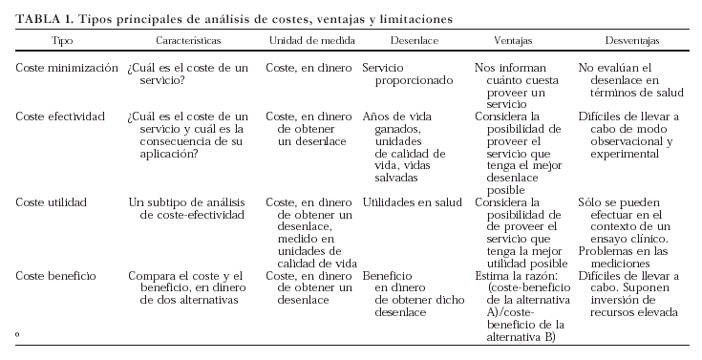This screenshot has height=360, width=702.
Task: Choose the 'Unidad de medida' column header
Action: tap(311, 43)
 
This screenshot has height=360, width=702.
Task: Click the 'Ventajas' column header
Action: tap(514, 43)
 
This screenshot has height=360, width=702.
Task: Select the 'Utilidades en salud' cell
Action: tap(413, 202)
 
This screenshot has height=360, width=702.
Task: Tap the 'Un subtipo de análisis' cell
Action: tap(186, 208)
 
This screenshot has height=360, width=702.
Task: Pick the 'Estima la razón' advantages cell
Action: tap(521, 306)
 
